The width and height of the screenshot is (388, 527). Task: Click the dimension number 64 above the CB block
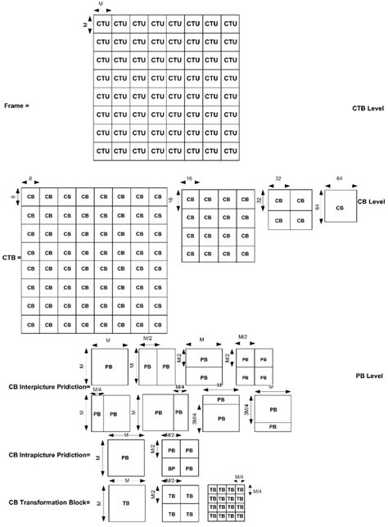338,176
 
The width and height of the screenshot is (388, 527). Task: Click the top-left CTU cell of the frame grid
102,25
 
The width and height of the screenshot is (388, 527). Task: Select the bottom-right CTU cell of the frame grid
230,151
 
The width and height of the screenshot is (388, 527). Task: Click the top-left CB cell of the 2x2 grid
279,200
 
